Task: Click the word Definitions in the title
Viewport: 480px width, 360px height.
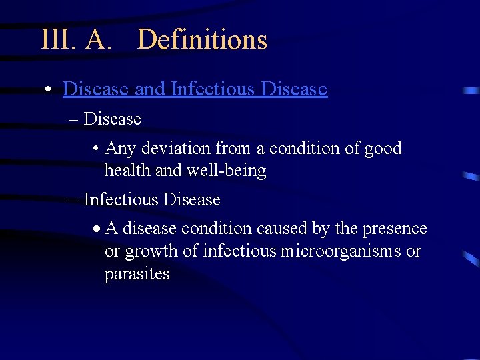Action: tap(202, 40)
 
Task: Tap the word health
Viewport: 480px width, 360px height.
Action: tap(127, 171)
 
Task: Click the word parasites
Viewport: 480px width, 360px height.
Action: tap(137, 274)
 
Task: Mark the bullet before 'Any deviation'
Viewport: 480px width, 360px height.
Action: tap(96, 149)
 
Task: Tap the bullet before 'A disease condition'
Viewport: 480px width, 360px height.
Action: tap(97, 229)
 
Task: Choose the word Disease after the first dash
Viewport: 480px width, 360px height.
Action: tap(113, 119)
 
